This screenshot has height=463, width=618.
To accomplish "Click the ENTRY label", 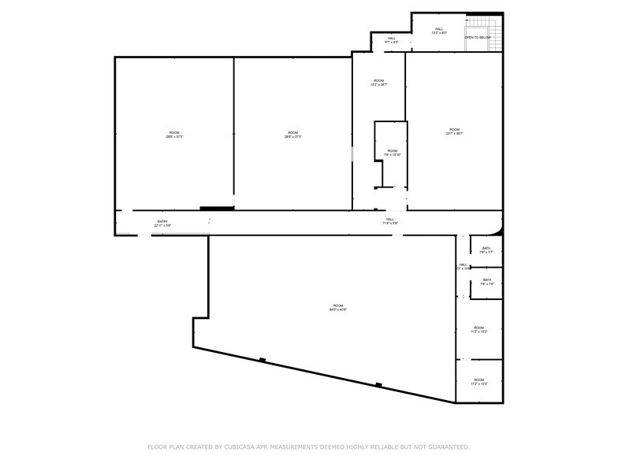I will click(x=162, y=221).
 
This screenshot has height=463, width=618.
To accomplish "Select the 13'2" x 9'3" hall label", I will click(x=440, y=31).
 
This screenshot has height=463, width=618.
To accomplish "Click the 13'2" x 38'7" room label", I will click(x=378, y=83).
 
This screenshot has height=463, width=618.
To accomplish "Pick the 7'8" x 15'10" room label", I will click(x=392, y=153).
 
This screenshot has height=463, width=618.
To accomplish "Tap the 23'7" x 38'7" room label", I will click(x=454, y=131).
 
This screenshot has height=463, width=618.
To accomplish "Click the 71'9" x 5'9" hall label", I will click(x=390, y=221).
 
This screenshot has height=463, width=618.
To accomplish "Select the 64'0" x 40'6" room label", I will click(x=338, y=307).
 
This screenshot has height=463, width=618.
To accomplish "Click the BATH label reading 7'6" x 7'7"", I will click(x=486, y=250).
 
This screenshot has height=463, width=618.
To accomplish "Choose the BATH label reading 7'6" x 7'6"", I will click(x=487, y=282).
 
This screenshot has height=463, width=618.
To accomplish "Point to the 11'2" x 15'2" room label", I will click(x=479, y=330).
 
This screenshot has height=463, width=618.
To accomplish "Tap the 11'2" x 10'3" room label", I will click(x=479, y=382).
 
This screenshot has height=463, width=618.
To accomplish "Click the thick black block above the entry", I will click(x=217, y=208).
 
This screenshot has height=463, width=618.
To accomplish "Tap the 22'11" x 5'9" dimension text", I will click(x=162, y=226).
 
